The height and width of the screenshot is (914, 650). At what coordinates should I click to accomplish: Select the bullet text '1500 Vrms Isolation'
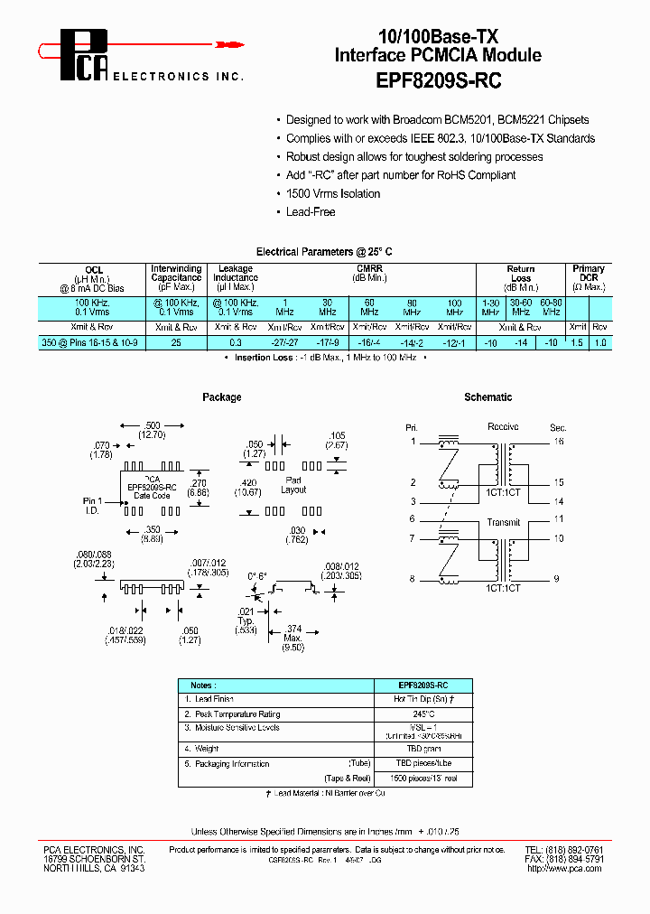[332, 193]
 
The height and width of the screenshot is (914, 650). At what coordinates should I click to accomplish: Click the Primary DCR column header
[589, 273]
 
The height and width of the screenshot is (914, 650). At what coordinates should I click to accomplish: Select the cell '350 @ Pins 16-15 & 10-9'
[94, 343]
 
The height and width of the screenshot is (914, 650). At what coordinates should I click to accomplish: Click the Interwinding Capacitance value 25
[177, 343]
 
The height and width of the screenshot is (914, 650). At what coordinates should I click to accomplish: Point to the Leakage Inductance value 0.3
[236, 343]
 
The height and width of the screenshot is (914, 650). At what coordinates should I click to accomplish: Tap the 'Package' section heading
[222, 397]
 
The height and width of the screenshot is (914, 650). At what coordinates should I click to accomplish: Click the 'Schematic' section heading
[487, 397]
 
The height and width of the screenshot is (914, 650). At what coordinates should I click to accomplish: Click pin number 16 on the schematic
[559, 442]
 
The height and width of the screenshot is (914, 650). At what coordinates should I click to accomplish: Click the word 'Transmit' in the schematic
[503, 523]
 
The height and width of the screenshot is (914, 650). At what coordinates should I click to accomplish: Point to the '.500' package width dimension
[153, 425]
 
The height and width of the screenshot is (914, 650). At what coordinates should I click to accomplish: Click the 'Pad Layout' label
[293, 484]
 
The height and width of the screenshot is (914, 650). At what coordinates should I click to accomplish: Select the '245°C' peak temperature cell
[424, 713]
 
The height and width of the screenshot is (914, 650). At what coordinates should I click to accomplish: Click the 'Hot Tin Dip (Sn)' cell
[424, 699]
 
